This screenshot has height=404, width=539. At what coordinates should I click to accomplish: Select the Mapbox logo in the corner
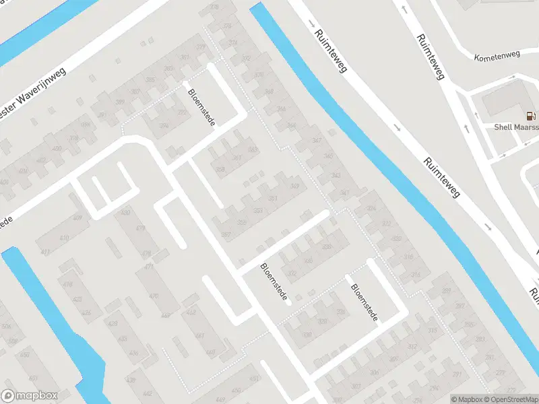30,396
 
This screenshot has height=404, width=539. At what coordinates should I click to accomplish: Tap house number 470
154,296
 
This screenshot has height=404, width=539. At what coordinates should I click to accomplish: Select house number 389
121,102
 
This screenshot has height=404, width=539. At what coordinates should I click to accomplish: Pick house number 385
151,79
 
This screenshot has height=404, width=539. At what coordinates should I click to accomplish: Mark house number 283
480,339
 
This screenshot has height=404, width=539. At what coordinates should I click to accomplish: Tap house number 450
236,391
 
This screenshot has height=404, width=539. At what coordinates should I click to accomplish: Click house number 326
326,246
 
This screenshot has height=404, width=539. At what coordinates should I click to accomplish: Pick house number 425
77,299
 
